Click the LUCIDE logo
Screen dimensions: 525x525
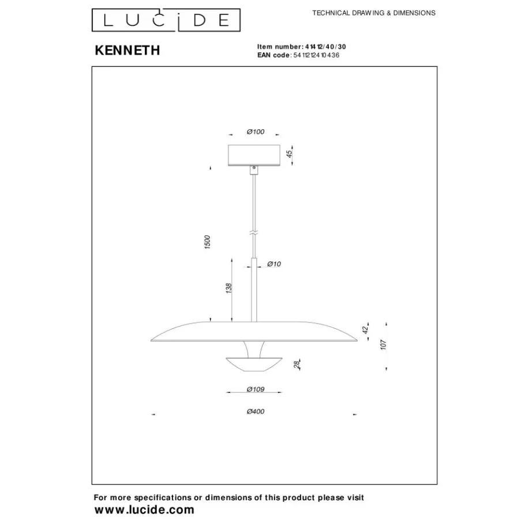tap(166, 20)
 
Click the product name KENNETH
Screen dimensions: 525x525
tap(127, 50)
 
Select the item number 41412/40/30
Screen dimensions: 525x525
tap(325, 47)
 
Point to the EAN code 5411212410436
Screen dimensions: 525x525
tap(316, 55)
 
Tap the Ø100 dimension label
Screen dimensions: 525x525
tap(256, 132)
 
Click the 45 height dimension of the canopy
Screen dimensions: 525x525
tap(289, 153)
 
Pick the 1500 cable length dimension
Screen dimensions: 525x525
tap(207, 242)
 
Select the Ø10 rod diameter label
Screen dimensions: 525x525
tap(274, 264)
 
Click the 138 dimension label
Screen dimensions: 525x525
tap(228, 288)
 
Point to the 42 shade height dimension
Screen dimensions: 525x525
tap(365, 329)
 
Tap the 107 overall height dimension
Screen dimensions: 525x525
tap(384, 344)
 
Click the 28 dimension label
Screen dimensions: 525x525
tap(297, 365)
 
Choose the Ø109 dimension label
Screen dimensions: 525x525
tap(256, 389)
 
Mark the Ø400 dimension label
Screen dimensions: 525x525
tap(256, 411)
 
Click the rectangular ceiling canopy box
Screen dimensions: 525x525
tap(254, 155)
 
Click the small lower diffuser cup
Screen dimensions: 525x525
tap(254, 365)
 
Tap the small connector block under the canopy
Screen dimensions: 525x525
tap(254, 170)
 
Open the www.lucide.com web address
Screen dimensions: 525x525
tap(144, 510)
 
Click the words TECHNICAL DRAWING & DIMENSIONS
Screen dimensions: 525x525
tap(374, 13)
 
